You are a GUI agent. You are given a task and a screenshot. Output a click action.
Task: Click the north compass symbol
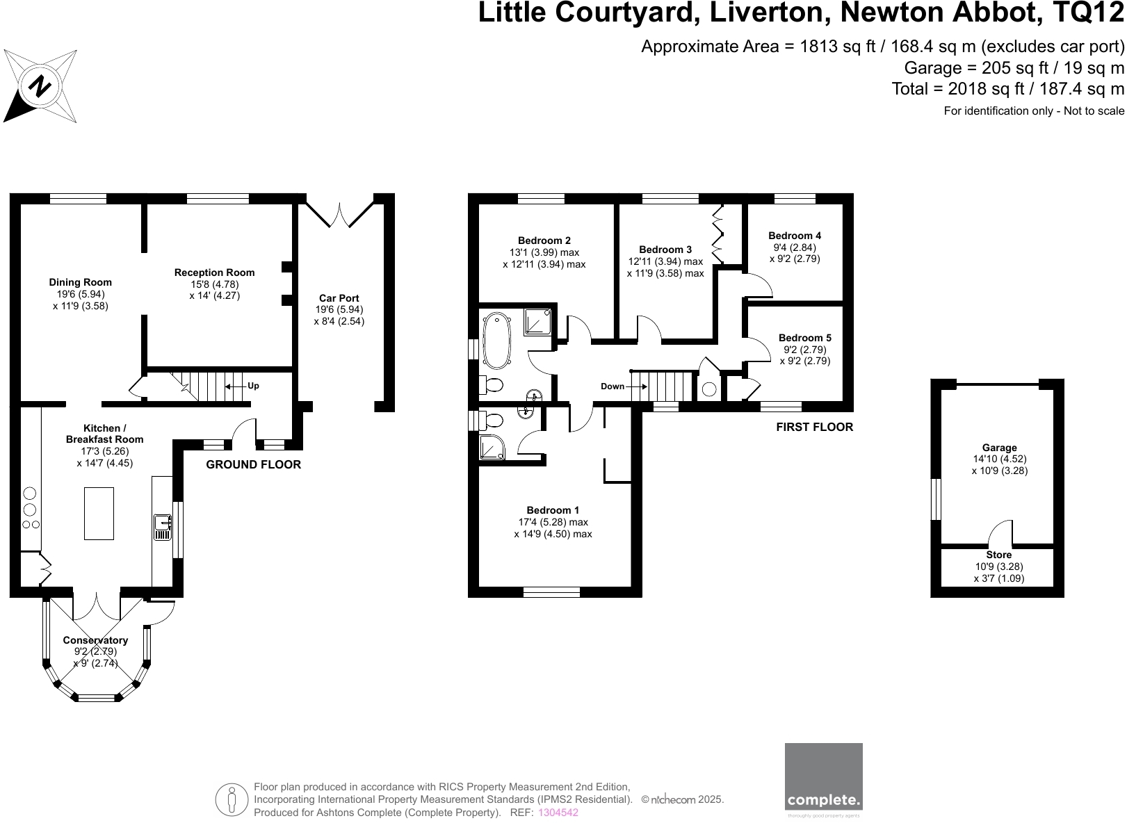point(40,86)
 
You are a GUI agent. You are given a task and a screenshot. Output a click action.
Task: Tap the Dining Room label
point(80,282)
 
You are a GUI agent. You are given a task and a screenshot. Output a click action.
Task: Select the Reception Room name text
point(214,272)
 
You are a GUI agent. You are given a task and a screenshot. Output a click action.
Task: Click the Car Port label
point(339,298)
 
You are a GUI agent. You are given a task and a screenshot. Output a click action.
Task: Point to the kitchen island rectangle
point(99,513)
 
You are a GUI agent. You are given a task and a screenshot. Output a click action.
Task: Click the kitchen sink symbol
point(163,526)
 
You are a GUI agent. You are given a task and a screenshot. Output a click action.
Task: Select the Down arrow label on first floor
point(613,386)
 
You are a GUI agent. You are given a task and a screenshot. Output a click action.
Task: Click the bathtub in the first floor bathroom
point(496,340)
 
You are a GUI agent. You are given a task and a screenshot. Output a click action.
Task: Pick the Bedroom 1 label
point(553,510)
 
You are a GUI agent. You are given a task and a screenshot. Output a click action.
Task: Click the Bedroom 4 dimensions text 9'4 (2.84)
point(795,247)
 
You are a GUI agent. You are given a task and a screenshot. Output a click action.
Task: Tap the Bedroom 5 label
point(804,338)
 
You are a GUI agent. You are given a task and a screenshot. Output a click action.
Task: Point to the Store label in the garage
point(998,555)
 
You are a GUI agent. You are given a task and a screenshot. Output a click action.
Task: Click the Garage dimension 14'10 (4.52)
point(999,459)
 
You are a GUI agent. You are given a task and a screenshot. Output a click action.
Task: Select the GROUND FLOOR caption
point(253,465)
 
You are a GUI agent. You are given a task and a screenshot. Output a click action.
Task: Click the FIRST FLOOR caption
point(814,427)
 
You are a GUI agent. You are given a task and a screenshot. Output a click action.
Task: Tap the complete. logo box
point(823,781)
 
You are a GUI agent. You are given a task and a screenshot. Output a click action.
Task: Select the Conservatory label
point(95,640)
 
